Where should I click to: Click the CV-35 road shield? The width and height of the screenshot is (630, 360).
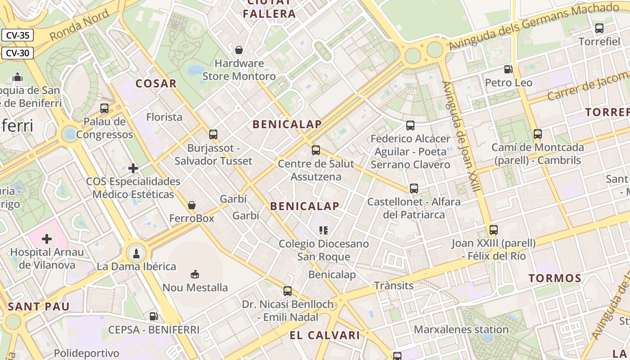coord(18,35)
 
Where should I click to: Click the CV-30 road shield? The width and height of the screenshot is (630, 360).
coord(18,53)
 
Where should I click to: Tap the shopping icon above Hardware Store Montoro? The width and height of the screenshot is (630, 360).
coord(239,49)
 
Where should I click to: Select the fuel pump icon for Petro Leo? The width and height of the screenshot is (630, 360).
coord(508,69)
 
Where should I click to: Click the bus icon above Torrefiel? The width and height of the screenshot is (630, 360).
coord(599,28)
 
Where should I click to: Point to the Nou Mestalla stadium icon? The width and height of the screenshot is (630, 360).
coord(195,274)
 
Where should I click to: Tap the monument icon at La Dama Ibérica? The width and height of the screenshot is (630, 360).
coord(136,253)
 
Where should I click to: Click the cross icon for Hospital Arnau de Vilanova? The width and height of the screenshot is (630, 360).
coord(47,238)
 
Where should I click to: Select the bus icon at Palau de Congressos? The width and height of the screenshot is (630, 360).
coord(104,108)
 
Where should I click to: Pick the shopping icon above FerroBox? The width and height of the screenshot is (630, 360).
coord(192,205)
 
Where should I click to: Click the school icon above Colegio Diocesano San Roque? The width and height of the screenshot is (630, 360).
coord(323,230)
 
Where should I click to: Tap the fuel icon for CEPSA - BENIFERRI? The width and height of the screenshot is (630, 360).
coord(153,316)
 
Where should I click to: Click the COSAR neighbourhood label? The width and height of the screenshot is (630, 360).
coord(156,83)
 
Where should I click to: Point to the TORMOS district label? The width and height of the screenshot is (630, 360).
coord(555,278)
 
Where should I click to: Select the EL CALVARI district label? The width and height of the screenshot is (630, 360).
coord(324,335)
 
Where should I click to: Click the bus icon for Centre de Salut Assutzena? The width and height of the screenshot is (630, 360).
coord(316,150)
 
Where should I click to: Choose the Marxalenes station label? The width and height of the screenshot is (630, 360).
coord(461,329)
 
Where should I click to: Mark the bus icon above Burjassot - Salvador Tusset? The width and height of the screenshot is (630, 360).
coord(213,135)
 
